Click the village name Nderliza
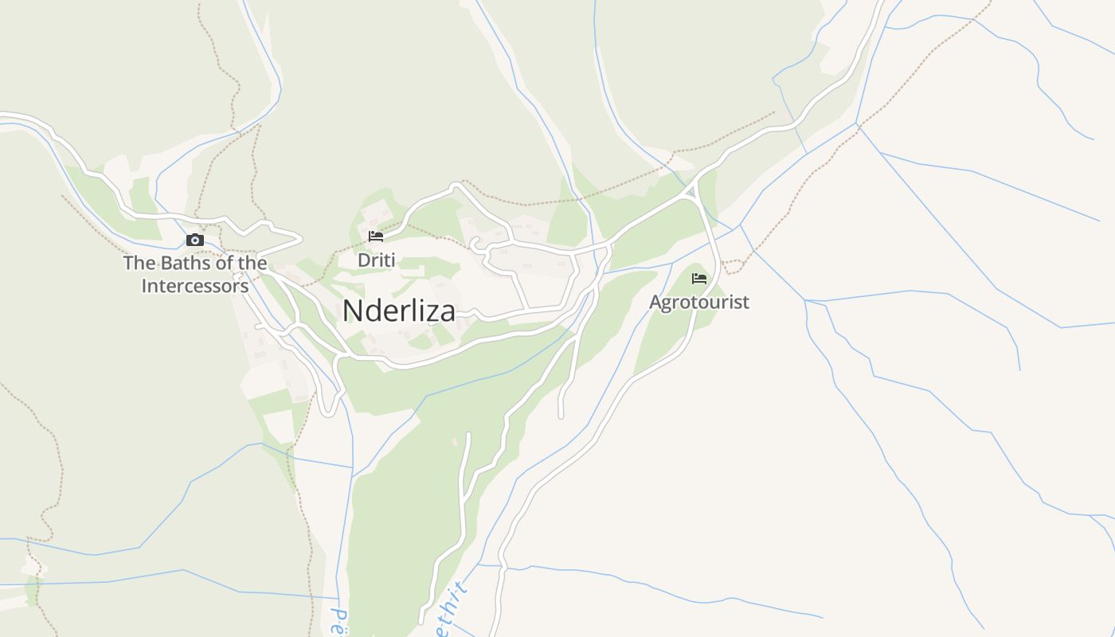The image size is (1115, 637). [x=399, y=311]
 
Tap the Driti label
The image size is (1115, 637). [x=376, y=260]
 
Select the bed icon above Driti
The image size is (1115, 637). [x=376, y=236]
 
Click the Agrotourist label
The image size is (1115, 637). [x=699, y=303]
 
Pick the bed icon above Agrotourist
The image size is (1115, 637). [x=699, y=278]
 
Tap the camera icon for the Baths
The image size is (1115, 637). [x=195, y=240]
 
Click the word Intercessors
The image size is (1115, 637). [x=195, y=286]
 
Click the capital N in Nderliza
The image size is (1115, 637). [x=351, y=311]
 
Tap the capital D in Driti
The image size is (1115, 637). [x=363, y=260]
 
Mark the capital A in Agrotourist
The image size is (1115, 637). [x=655, y=303]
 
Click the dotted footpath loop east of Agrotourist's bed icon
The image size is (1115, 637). [x=731, y=266]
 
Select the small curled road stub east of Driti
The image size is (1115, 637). [x=476, y=243]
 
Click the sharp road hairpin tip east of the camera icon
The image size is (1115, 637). [x=300, y=236]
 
